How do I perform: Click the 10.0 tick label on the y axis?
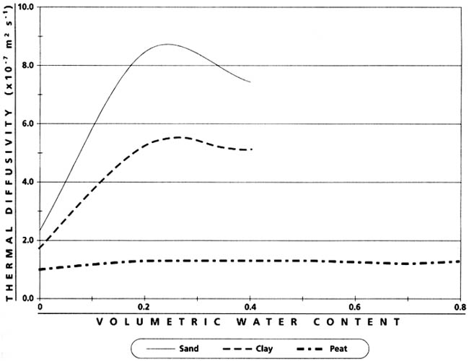(x=26, y=7)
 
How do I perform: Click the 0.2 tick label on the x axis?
(x=145, y=306)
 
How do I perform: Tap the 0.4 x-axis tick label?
(x=250, y=306)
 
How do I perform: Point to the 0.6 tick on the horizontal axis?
(x=355, y=306)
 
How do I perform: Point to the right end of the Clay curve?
(x=252, y=149)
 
